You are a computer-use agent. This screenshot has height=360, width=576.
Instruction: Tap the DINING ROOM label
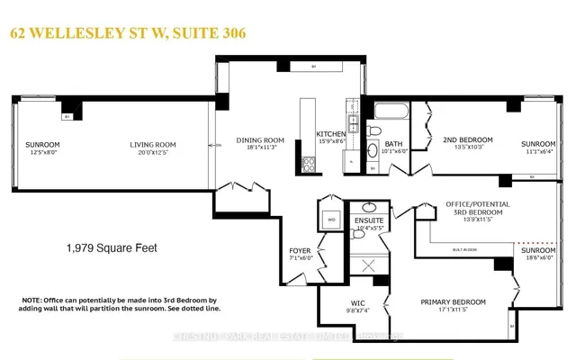pyautogui.click(x=260, y=139)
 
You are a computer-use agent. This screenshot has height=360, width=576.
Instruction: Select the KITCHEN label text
pyautogui.click(x=330, y=134)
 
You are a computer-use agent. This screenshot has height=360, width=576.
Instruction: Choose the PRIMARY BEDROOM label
pyautogui.click(x=453, y=301)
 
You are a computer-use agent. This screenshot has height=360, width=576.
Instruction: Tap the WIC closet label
pyautogui.click(x=346, y=302)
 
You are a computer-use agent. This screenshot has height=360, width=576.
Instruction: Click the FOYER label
pyautogui.click(x=299, y=250)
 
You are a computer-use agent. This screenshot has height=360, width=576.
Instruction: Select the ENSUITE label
pyautogui.click(x=369, y=220)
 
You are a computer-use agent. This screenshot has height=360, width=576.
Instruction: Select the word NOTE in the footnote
pyautogui.click(x=32, y=300)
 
